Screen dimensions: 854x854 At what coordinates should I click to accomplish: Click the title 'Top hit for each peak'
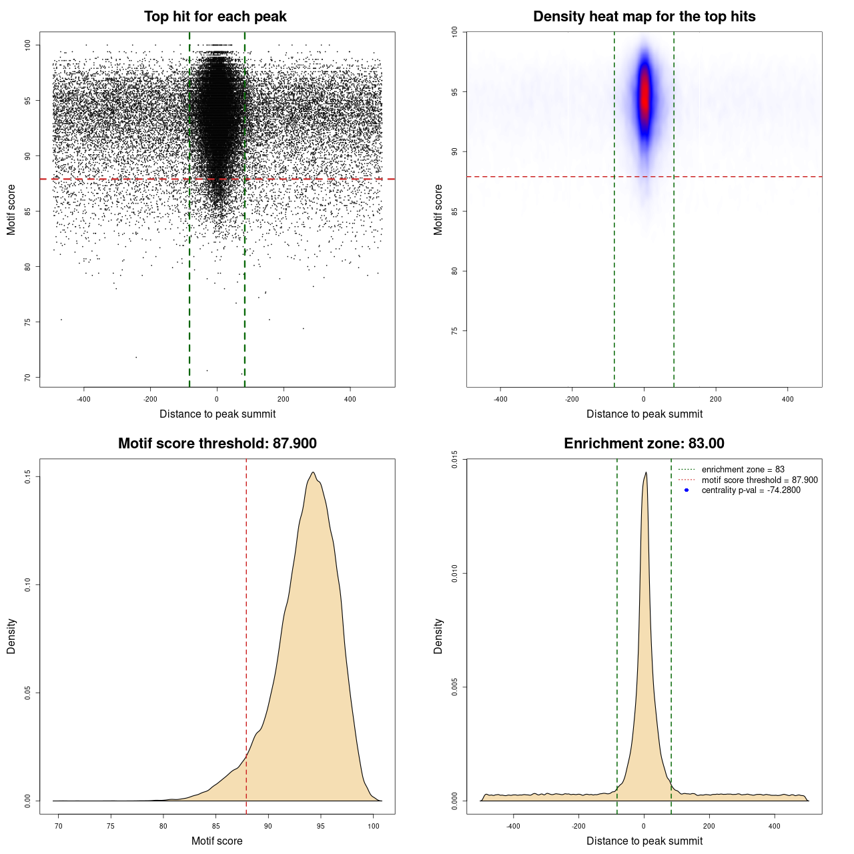pos(215,17)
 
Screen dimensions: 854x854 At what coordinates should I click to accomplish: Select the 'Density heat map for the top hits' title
pos(644,17)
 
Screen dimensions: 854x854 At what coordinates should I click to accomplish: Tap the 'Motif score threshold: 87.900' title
pos(217,444)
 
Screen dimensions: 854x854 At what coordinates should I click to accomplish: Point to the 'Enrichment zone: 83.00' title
pos(644,444)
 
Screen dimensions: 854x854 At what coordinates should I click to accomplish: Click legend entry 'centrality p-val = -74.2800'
pos(751,490)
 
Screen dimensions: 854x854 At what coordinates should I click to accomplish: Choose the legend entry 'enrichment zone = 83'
pos(743,470)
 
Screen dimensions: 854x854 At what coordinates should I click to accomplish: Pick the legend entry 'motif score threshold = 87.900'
pos(759,480)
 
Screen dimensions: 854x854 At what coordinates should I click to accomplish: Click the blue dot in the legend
pos(687,490)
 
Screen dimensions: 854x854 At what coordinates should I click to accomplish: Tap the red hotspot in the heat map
pos(645,97)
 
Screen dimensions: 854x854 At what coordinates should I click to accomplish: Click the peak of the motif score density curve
pos(312,473)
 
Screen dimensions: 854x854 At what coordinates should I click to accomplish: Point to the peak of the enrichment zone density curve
pos(646,473)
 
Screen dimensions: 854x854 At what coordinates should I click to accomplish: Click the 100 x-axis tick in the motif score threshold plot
pos(374,826)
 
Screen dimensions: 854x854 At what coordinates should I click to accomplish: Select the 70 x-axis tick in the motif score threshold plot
pos(59,826)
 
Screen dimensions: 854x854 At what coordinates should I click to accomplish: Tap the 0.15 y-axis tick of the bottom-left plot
pos(27,476)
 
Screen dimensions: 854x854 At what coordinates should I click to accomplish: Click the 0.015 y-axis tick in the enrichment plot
pos(454,459)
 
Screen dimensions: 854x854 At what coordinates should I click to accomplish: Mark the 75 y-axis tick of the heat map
pos(454,331)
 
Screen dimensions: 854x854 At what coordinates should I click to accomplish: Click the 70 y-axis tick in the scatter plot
pos(27,378)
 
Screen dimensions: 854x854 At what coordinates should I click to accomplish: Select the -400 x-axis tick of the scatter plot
pos(83,399)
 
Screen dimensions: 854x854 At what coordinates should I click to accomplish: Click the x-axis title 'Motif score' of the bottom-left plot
pos(217,841)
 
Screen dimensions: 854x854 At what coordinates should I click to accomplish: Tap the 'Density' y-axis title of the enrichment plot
pos(438,636)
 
